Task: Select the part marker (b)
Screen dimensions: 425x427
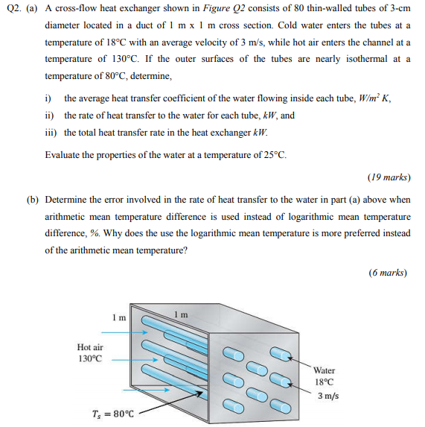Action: [x=32, y=200]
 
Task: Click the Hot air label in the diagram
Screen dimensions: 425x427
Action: [x=90, y=347]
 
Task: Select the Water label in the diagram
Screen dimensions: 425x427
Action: [x=325, y=370]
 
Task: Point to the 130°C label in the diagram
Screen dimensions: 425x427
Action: [x=89, y=358]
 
